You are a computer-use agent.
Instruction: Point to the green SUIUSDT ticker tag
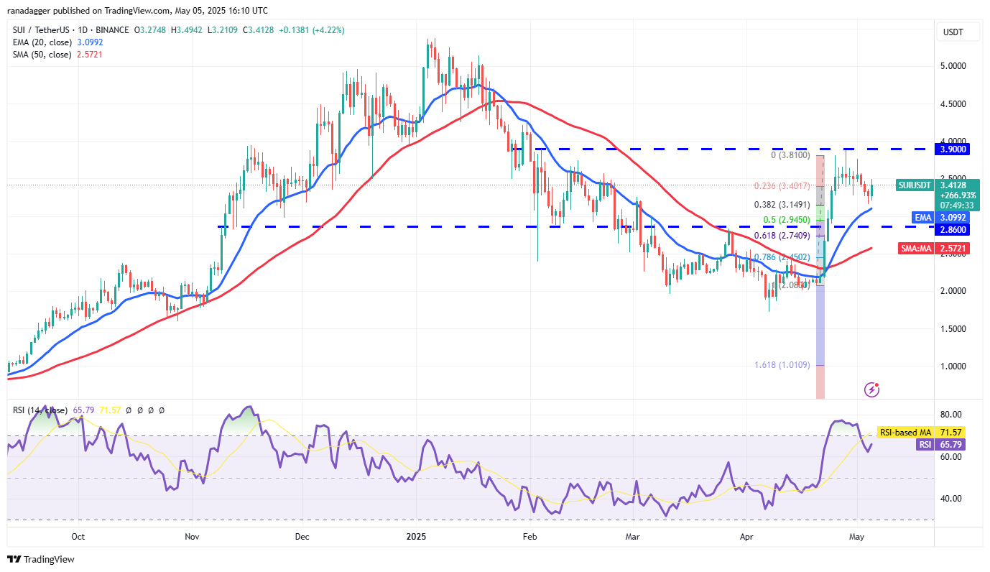pos(915,185)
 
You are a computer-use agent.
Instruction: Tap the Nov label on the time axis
pos(192,537)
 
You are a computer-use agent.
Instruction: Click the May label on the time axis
pos(856,537)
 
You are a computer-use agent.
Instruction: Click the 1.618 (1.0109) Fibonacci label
pos(782,365)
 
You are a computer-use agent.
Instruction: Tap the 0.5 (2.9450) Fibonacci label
pos(787,219)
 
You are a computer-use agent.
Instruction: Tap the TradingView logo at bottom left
pos(41,559)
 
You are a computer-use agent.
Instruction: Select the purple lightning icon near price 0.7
pos(872,389)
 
